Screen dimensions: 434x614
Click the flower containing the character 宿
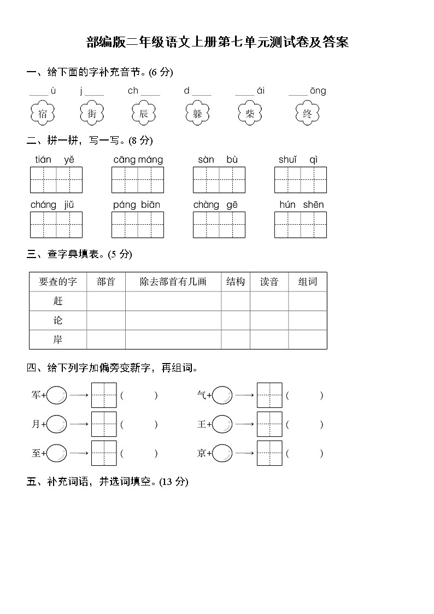43,114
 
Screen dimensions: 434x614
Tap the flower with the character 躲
197,114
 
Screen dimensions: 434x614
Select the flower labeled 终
307,114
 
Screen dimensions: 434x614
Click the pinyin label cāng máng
138,160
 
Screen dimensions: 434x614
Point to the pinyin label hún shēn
301,204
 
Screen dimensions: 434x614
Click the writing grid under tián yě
56,180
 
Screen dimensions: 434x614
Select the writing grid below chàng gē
219,225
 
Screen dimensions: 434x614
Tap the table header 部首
106,282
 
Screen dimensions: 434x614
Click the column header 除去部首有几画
173,282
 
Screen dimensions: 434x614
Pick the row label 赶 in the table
58,301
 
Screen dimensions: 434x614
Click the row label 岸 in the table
58,340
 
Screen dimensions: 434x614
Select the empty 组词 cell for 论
307,320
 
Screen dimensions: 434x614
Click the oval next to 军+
57,395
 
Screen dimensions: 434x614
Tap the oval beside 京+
222,453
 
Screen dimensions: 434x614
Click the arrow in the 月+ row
79,424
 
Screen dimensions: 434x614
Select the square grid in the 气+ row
269,395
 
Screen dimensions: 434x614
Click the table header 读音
269,282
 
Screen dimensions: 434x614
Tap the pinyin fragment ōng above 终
318,91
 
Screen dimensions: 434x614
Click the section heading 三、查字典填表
79,254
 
